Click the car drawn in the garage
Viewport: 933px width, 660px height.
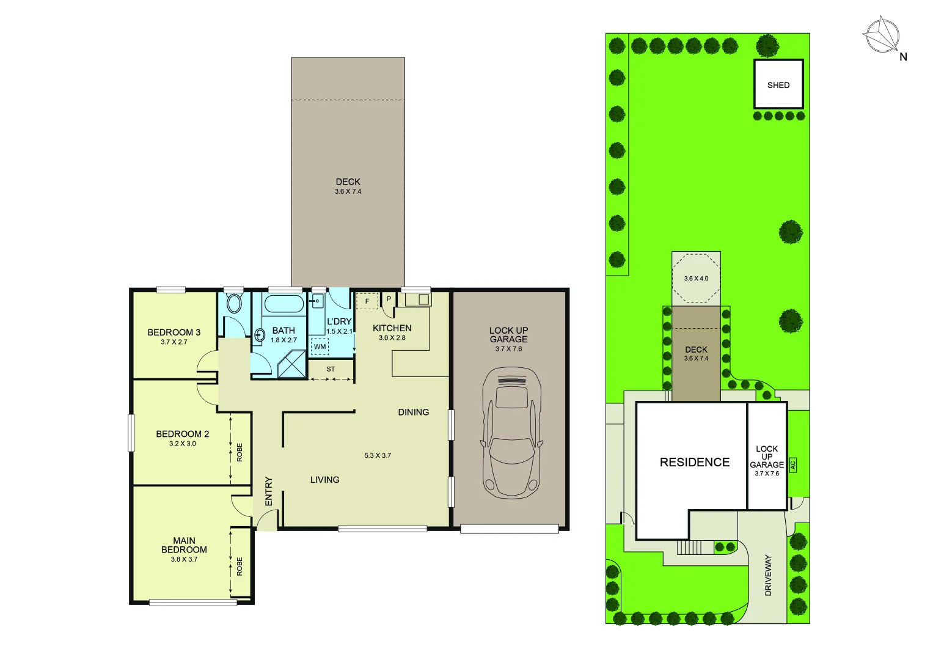coord(511,433)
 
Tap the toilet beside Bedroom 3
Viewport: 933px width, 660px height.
coord(234,303)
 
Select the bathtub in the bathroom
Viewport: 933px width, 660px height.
coord(284,304)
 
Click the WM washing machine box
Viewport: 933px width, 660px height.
coord(320,346)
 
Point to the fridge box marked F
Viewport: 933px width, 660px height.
coord(367,301)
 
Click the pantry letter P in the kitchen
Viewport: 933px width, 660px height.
coord(389,299)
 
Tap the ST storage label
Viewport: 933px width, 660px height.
coord(331,369)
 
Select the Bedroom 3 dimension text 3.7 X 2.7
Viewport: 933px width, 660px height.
coord(174,342)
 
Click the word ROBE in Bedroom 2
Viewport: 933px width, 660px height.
coord(240,452)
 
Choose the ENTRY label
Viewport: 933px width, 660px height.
coord(269,491)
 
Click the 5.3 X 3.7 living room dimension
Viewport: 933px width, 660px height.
coord(378,455)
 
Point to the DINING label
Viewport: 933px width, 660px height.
coord(414,413)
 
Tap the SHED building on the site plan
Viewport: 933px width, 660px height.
coord(778,85)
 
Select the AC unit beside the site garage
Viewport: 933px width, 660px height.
coord(793,465)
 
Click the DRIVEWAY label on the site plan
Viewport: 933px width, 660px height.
coord(768,575)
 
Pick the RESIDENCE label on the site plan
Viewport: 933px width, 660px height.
coord(695,463)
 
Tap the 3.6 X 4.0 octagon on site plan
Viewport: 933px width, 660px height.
coord(696,279)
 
